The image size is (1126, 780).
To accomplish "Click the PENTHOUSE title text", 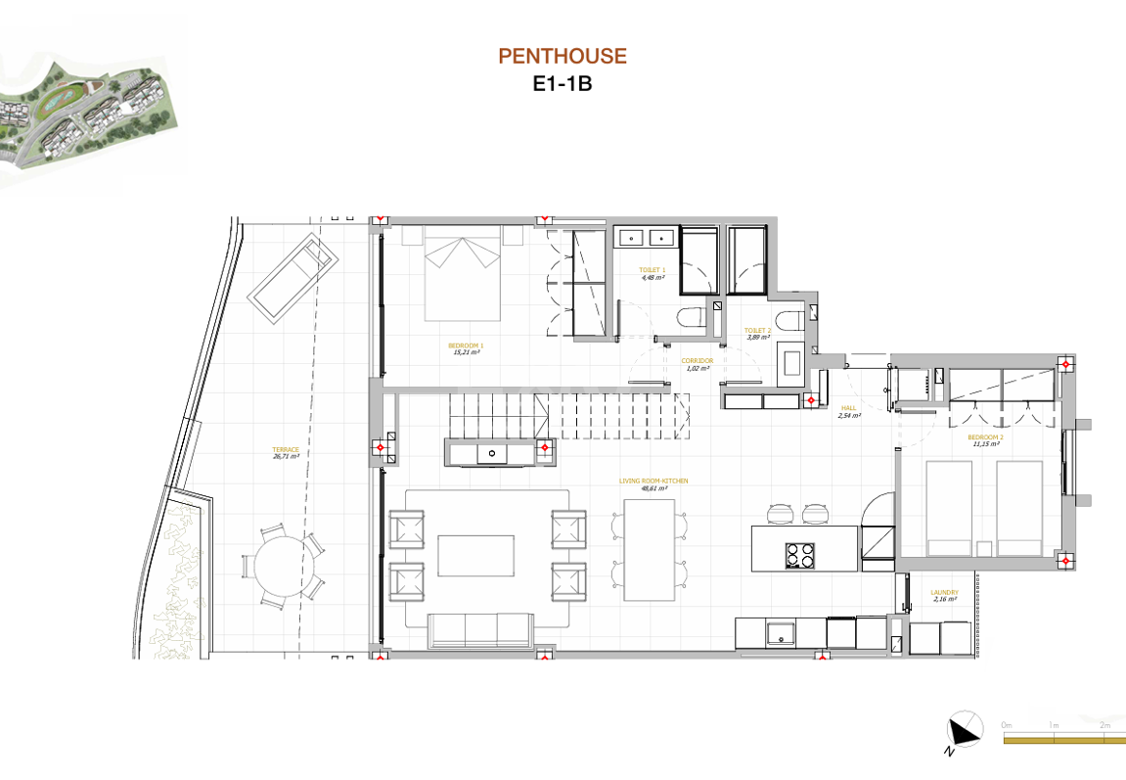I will click(563, 57).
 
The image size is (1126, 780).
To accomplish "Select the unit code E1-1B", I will click(563, 84).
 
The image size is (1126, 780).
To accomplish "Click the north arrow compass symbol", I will click(964, 730).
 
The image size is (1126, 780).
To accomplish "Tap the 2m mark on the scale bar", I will click(1104, 725).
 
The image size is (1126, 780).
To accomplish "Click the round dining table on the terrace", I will click(281, 565).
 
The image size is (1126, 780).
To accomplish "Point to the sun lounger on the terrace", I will click(294, 277).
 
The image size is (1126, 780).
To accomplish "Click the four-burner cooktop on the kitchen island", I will click(799, 555).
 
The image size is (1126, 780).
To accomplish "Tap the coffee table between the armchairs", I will click(475, 555).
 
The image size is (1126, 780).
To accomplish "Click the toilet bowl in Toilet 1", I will click(693, 318).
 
